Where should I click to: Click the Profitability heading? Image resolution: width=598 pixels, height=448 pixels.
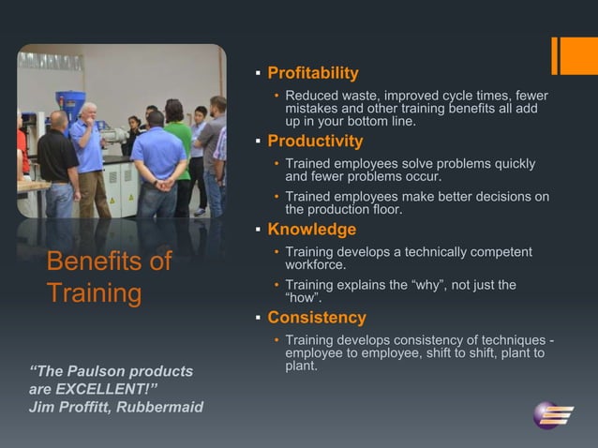point(313,73)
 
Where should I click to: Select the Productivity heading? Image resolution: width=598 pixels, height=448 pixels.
point(315,142)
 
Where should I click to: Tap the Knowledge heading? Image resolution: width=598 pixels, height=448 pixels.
point(311,230)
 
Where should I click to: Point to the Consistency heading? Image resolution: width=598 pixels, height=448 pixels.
point(317,317)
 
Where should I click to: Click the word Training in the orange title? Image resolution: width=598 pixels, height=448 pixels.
point(94,293)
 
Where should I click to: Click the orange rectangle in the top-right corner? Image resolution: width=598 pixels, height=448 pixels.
point(574,55)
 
